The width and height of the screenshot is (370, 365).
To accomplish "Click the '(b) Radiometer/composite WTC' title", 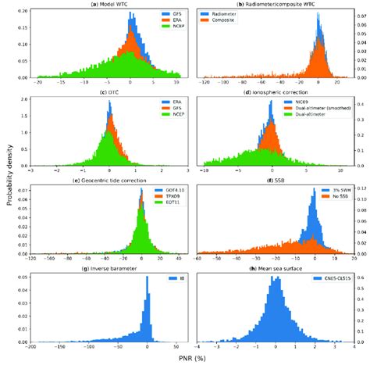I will pyautogui.click(x=272, y=5).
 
